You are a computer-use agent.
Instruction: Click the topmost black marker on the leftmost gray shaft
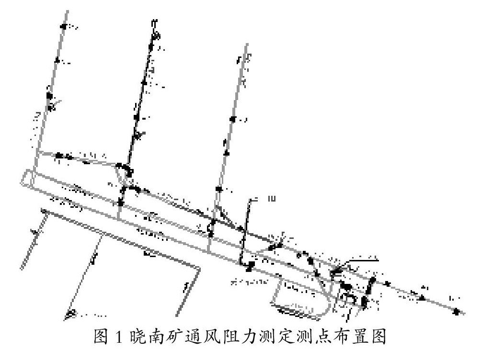[x=63, y=26]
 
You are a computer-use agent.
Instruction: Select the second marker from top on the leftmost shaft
[x=57, y=60]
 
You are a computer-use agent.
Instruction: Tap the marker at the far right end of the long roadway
[x=456, y=312]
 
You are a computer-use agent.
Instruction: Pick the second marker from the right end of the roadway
[x=422, y=298]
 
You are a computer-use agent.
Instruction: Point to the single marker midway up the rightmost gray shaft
[x=232, y=119]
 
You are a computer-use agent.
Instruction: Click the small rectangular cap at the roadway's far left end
[x=27, y=178]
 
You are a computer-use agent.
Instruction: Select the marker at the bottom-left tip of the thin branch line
[x=70, y=314]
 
